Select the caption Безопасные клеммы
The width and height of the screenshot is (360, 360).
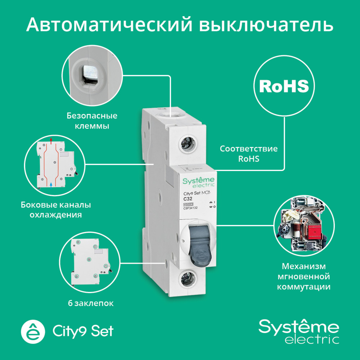coord(92,121)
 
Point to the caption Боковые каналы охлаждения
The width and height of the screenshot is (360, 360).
coord(56,210)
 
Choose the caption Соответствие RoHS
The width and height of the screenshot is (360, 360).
coord(249,153)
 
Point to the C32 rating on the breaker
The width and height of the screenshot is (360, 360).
coord(188,199)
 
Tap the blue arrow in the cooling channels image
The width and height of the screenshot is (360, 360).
coord(51,184)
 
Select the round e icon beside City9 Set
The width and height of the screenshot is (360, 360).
coord(33,330)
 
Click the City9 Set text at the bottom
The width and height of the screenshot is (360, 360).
coord(83,330)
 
